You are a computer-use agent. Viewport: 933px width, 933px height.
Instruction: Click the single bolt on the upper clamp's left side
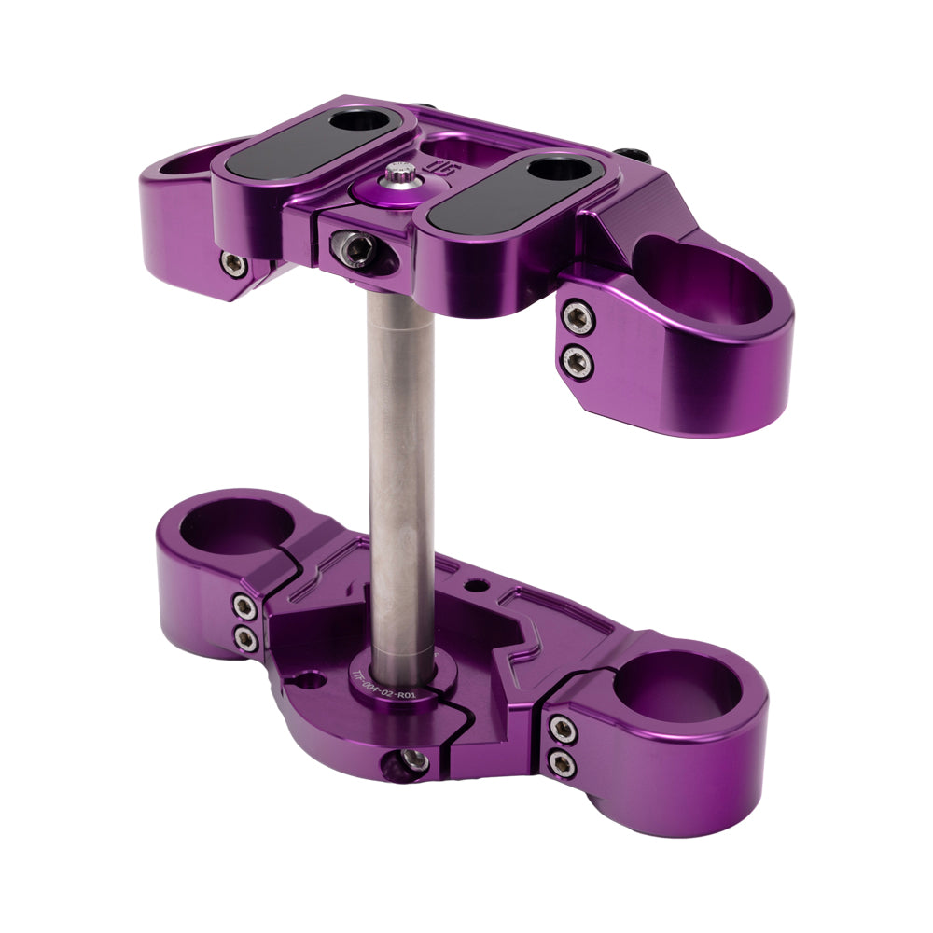point(233,264)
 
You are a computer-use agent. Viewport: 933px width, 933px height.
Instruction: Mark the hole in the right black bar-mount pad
point(556,171)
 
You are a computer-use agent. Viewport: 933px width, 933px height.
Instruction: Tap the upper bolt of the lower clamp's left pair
point(245,608)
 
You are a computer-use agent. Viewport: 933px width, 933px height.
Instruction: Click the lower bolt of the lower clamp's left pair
point(246,638)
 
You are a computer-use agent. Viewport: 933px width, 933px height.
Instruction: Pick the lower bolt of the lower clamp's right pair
point(562,764)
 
